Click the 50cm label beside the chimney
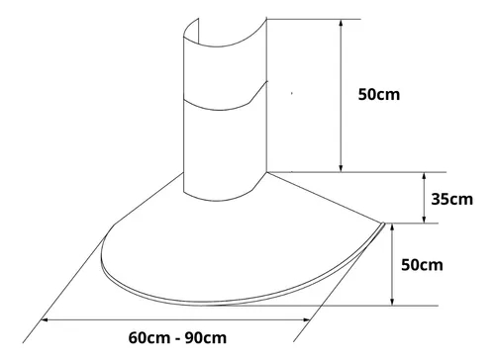click(379, 94)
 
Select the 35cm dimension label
click(451, 199)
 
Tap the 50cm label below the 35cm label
click(422, 265)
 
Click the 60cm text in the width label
click(148, 338)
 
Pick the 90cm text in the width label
click(206, 338)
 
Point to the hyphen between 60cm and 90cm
click(177, 339)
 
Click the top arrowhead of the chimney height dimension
click(342, 23)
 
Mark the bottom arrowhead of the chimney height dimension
click(342, 168)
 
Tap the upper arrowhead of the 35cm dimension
click(425, 176)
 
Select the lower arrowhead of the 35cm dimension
click(425, 220)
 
